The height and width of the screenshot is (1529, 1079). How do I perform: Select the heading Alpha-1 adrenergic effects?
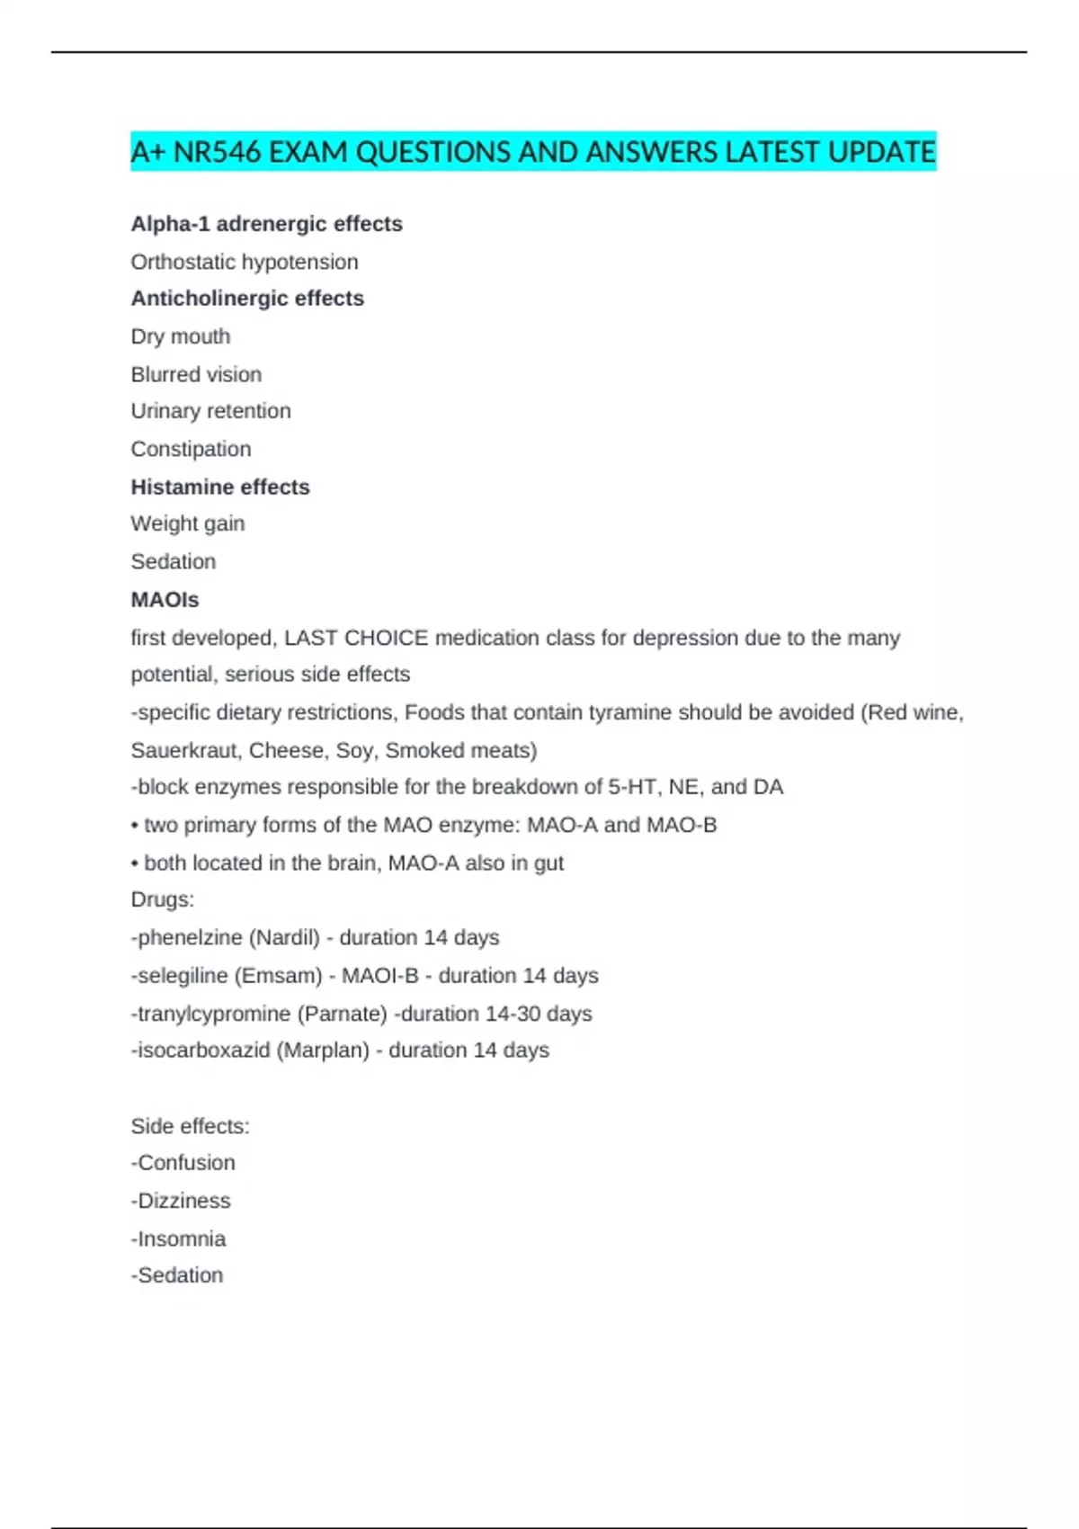point(266,224)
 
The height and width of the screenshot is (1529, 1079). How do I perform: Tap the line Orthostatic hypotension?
point(245,262)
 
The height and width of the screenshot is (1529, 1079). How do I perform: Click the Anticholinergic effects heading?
point(247,299)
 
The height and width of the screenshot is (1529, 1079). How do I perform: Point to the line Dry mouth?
point(181,336)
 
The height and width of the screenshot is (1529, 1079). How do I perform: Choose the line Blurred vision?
point(196,374)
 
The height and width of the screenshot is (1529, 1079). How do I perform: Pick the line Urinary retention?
point(210,411)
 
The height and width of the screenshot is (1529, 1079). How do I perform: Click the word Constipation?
point(191,449)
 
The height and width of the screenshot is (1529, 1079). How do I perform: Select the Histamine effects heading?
point(220,487)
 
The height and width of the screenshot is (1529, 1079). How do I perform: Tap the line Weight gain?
point(187,523)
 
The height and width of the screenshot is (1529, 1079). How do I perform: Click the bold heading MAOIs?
point(165,599)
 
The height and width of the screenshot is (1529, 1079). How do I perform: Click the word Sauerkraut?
point(184,750)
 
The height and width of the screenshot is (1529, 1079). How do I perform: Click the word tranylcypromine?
point(214,1014)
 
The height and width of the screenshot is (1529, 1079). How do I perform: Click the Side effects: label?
point(190,1126)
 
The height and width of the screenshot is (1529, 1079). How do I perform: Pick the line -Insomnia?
point(178,1238)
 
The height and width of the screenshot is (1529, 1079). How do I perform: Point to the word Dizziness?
point(183,1201)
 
